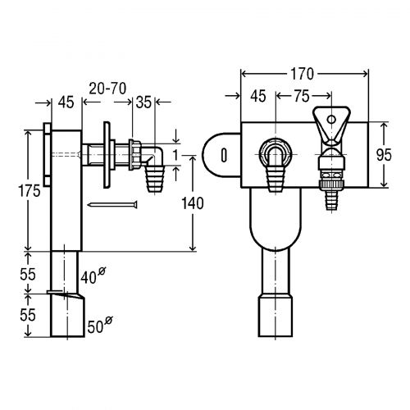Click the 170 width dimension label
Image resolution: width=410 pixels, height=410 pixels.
tap(302, 74)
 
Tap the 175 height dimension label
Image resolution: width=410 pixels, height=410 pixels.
tap(30, 190)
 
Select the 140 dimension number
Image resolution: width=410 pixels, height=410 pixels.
tap(193, 203)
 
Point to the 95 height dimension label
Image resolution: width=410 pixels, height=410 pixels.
tap(384, 155)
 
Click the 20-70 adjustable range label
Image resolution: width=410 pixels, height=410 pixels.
tap(107, 89)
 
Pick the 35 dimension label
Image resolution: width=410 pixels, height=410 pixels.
tap(143, 102)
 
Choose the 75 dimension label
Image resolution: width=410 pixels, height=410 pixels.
tap(302, 96)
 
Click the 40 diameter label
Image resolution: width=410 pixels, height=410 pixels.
tap(93, 276)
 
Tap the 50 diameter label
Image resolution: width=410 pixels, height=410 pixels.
tap(100, 325)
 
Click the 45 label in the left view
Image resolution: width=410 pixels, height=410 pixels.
tap(66, 102)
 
